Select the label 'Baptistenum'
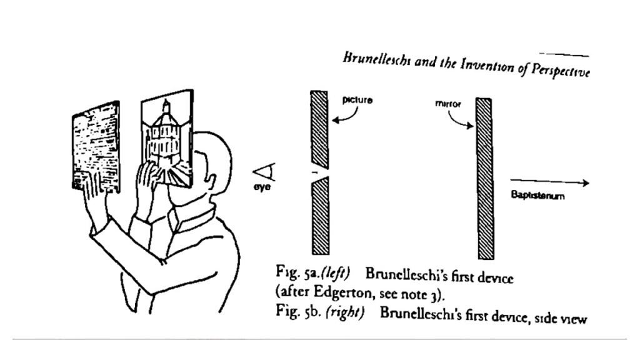tap(538, 196)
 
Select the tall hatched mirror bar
tap(485, 177)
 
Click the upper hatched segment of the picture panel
tap(319, 128)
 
